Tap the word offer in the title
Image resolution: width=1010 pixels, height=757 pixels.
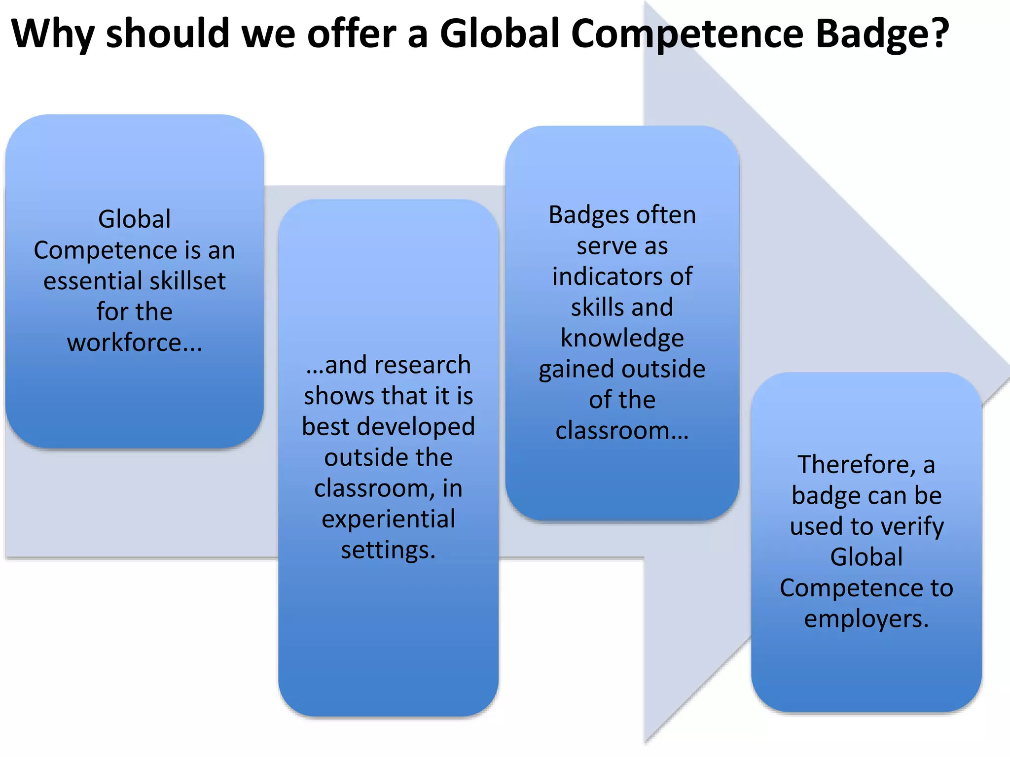point(352,34)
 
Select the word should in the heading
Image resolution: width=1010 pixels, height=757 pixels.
point(168,34)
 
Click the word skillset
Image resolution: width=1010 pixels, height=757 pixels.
point(188,281)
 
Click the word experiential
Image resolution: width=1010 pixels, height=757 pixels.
point(389,519)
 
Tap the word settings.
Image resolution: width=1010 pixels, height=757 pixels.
point(388,550)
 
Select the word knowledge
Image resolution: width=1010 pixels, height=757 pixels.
point(622,339)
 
